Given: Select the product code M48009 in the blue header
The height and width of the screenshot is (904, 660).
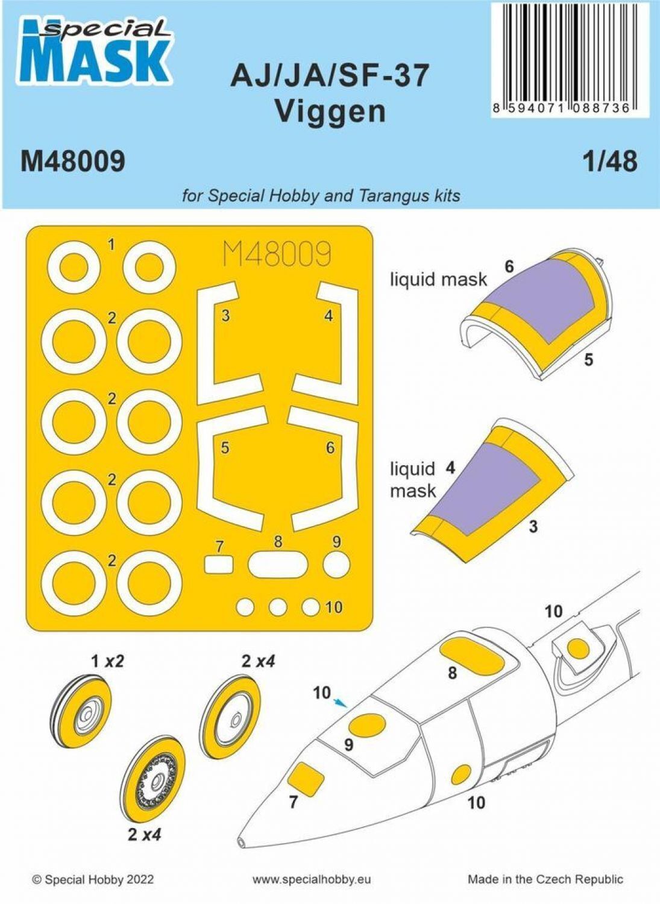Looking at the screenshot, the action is [x=73, y=162].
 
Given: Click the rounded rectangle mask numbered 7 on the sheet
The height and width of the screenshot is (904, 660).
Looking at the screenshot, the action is [x=219, y=564].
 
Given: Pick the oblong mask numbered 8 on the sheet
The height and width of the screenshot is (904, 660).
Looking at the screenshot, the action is [x=278, y=564].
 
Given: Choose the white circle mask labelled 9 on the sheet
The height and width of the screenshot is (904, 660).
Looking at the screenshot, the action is [x=336, y=563].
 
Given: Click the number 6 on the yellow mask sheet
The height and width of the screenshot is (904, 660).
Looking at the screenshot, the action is [x=330, y=448].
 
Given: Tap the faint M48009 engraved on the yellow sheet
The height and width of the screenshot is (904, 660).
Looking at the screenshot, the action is [x=277, y=254].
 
